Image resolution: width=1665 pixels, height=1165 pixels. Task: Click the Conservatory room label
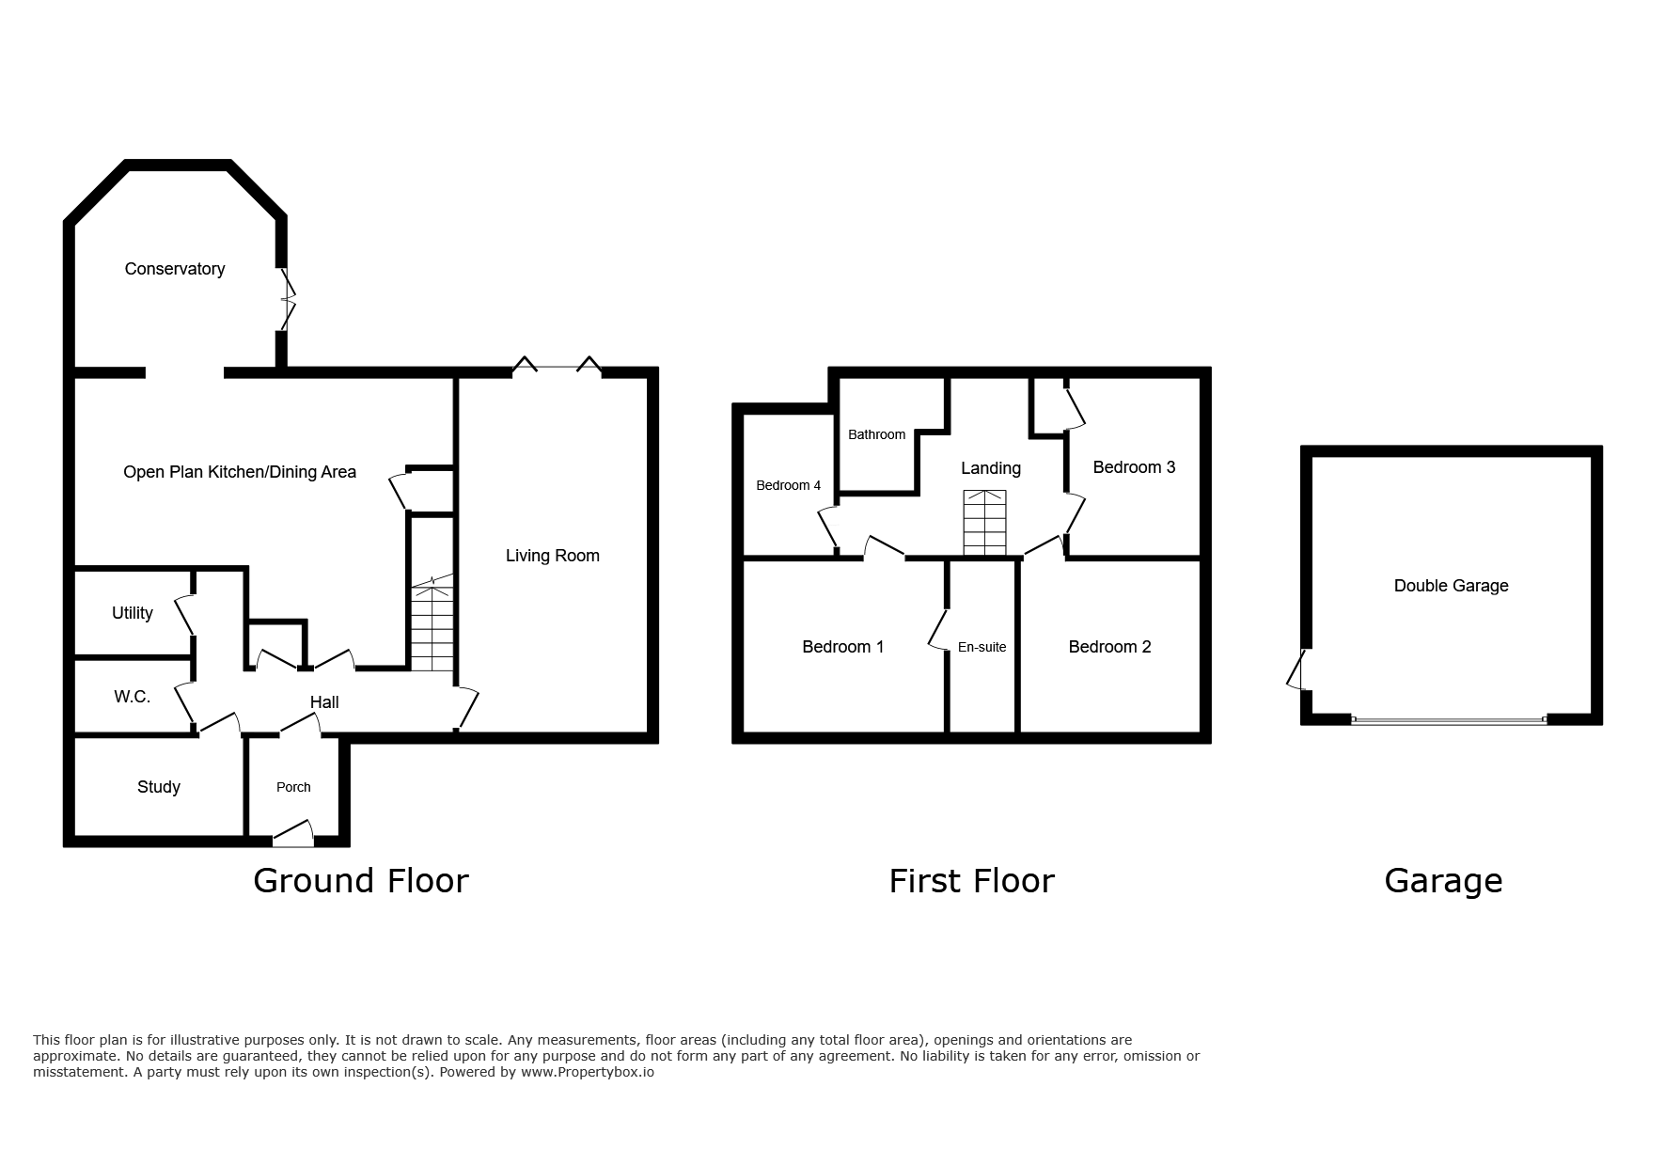175,270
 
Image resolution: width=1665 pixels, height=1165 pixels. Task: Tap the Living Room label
553,556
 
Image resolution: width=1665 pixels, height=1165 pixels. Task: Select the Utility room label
133,613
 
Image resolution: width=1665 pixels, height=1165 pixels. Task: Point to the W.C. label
133,697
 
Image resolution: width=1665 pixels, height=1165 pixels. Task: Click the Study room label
159,787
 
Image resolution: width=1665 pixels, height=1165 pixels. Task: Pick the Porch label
293,787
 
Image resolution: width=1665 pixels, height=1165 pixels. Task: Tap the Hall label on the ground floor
324,702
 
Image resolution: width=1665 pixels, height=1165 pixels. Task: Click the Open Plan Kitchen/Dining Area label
240,472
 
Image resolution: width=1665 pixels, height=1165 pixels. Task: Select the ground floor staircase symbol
432,623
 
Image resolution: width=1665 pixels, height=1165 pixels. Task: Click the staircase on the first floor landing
984,523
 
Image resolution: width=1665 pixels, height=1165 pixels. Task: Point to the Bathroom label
877,434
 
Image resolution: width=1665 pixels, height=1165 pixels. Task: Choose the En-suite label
982,647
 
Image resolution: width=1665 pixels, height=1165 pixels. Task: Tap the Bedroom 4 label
789,485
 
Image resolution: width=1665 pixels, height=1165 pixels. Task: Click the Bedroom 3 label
1134,467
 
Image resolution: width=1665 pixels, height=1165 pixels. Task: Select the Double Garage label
1452,586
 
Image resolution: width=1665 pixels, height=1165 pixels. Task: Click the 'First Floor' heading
972,881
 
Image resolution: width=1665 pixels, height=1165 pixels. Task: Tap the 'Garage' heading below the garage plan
1444,881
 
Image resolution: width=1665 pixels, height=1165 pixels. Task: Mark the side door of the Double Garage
1297,669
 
